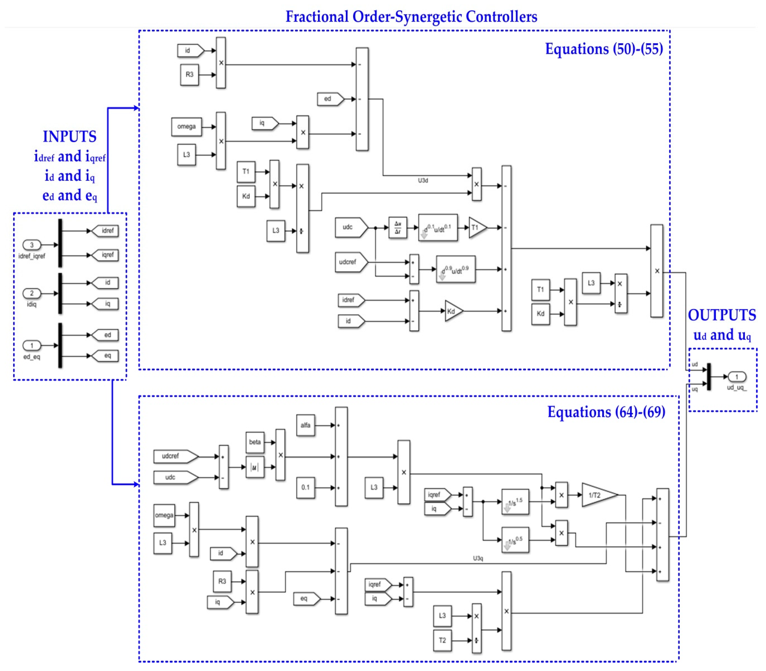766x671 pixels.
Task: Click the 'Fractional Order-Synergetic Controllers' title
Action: tap(411, 17)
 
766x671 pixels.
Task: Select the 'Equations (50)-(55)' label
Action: tap(604, 49)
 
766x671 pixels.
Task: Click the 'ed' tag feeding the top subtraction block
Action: tap(329, 99)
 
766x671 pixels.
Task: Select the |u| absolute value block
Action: tap(255, 467)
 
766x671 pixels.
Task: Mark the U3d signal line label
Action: tap(423, 180)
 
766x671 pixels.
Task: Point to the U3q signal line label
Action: tap(478, 558)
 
